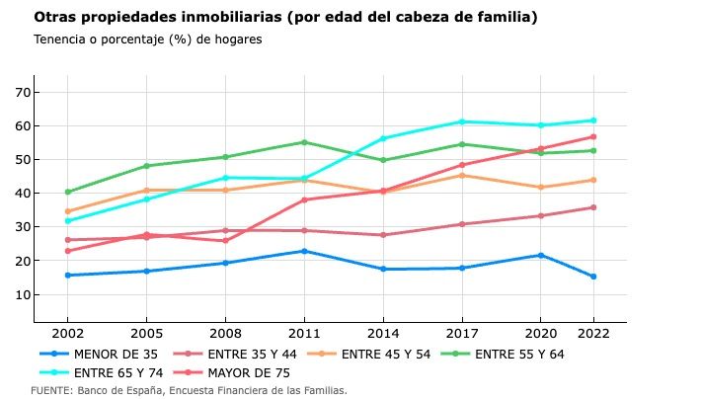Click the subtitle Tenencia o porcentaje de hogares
pyautogui.click(x=147, y=40)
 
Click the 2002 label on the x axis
pyautogui.click(x=67, y=335)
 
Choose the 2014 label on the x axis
pyautogui.click(x=382, y=335)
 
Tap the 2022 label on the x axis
pyautogui.click(x=592, y=335)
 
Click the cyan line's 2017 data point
pyautogui.click(x=461, y=121)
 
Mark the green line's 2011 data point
pyautogui.click(x=304, y=142)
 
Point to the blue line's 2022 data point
pyautogui.click(x=592, y=277)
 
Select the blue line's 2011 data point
pyautogui.click(x=304, y=251)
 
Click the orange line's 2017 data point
pyautogui.click(x=461, y=175)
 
